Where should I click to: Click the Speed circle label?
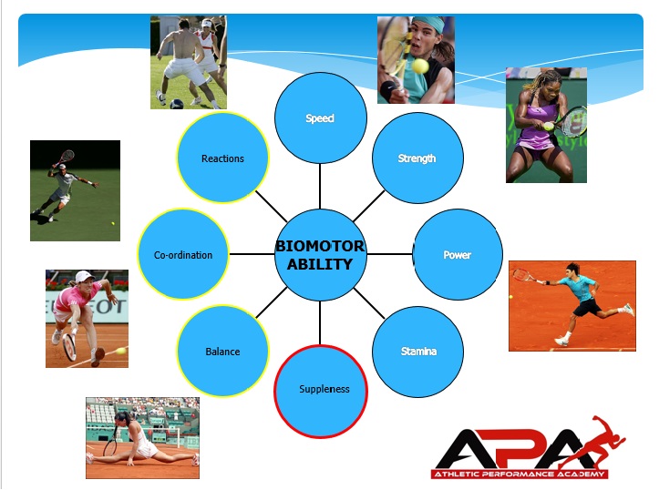pyautogui.click(x=320, y=118)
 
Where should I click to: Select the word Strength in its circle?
pyautogui.click(x=417, y=158)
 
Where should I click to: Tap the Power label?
pyautogui.click(x=458, y=255)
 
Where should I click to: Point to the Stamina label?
pyautogui.click(x=418, y=351)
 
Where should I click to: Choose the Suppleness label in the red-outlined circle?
pyautogui.click(x=324, y=389)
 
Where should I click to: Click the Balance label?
pyautogui.click(x=222, y=352)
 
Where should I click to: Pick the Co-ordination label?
pyautogui.click(x=183, y=255)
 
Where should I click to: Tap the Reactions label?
pyautogui.click(x=222, y=158)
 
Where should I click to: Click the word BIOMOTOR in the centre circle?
pyautogui.click(x=320, y=246)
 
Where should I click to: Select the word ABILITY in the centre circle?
pyautogui.click(x=320, y=264)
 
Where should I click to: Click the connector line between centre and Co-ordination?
pyautogui.click(x=252, y=254)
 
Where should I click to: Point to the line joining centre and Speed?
pyautogui.click(x=320, y=187)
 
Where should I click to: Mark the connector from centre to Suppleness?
pyautogui.click(x=320, y=323)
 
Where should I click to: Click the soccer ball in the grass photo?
pyautogui.click(x=177, y=104)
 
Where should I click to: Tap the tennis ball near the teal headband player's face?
pyautogui.click(x=420, y=66)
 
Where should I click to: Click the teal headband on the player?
pyautogui.click(x=432, y=25)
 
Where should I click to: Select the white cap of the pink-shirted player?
pyautogui.click(x=83, y=276)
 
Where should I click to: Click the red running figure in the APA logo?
pyautogui.click(x=597, y=443)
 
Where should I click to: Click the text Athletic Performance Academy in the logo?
pyautogui.click(x=519, y=474)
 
